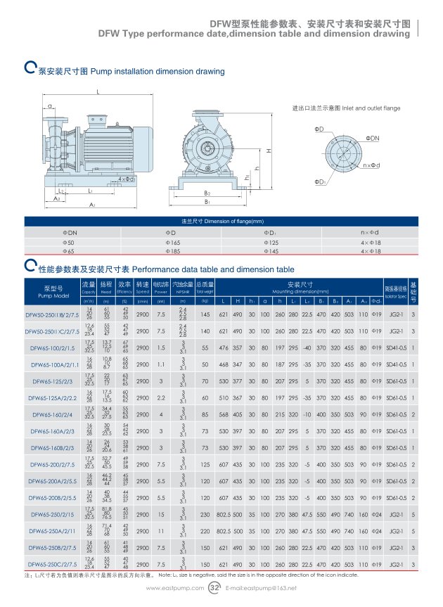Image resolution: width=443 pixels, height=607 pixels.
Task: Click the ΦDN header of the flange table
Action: coord(71,232)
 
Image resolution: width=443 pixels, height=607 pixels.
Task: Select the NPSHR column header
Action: coord(183,288)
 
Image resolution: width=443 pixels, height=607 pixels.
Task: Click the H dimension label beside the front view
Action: coord(269,151)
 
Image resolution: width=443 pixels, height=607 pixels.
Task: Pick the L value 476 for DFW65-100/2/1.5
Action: coord(223,347)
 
